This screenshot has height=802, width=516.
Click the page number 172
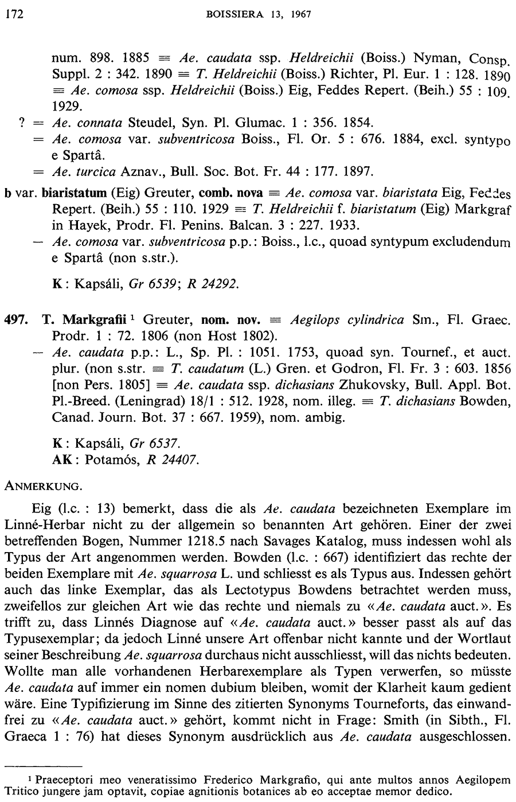pyautogui.click(x=12, y=14)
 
